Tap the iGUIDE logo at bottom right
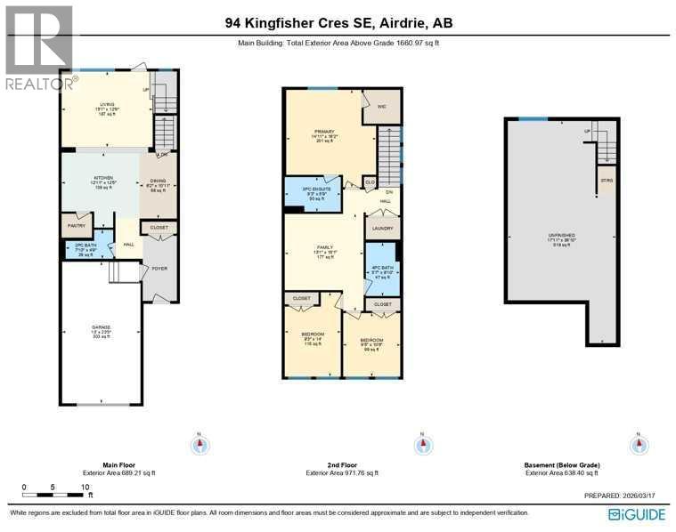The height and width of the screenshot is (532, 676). click(x=637, y=514)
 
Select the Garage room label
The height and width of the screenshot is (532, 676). click(x=100, y=329)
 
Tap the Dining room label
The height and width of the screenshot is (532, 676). click(x=158, y=186)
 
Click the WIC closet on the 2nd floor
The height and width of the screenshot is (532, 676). click(x=382, y=107)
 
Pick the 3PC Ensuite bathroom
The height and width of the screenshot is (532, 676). click(x=312, y=193)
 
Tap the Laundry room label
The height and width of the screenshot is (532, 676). click(x=382, y=228)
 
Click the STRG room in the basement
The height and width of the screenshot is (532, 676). click(x=607, y=180)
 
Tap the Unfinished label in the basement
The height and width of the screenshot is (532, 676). click(x=561, y=238)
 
